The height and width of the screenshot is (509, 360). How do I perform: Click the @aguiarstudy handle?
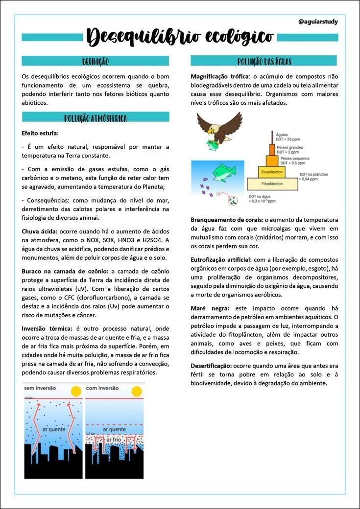(318, 22)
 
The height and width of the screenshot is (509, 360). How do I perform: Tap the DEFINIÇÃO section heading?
(96, 61)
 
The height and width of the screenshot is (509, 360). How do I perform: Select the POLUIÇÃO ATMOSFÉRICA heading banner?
(96, 117)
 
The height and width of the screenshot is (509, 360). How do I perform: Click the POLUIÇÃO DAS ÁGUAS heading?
(264, 61)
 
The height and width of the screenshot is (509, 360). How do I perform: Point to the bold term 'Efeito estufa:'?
(40, 133)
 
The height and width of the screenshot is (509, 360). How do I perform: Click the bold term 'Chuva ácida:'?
(40, 231)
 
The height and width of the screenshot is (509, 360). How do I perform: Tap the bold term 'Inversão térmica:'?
(47, 328)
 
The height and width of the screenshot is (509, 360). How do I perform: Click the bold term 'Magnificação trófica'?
(219, 76)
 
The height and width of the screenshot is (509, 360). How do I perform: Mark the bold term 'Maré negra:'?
(210, 308)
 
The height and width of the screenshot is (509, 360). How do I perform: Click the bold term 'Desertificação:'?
(211, 366)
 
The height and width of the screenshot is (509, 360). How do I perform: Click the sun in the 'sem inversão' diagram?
(75, 392)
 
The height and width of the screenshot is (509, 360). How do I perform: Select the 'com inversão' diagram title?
(102, 388)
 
